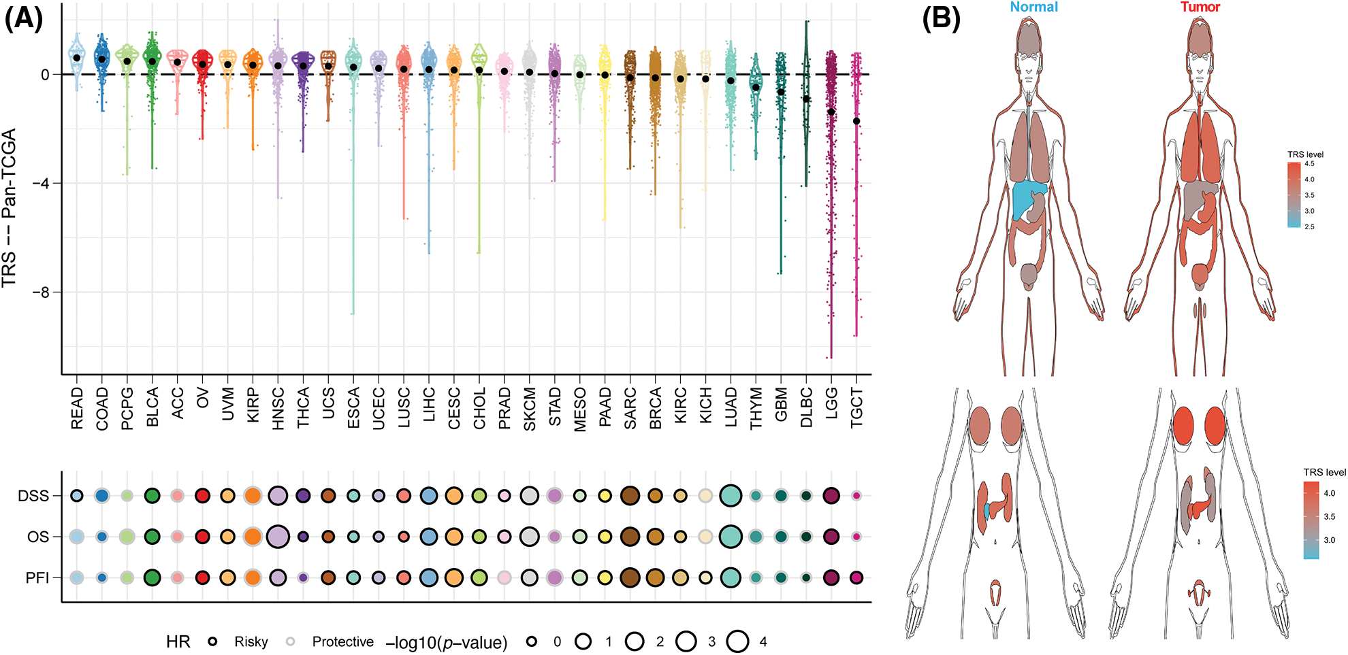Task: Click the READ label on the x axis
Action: pyautogui.click(x=77, y=409)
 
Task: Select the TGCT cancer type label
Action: pyautogui.click(x=856, y=408)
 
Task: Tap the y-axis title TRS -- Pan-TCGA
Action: pyautogui.click(x=10, y=208)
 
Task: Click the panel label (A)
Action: pyautogui.click(x=24, y=19)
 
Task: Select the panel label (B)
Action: pyautogui.click(x=940, y=19)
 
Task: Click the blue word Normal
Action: pyautogui.click(x=1033, y=7)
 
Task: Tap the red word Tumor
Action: pyautogui.click(x=1200, y=7)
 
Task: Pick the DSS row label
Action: pyautogui.click(x=33, y=497)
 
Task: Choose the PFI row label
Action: pyautogui.click(x=37, y=578)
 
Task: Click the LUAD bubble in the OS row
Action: pyautogui.click(x=731, y=537)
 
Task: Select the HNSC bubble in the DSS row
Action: pyautogui.click(x=278, y=496)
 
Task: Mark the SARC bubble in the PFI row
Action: pyautogui.click(x=630, y=577)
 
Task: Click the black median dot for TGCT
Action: pyautogui.click(x=856, y=121)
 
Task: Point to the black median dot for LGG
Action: pyautogui.click(x=831, y=112)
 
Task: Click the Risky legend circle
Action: pyautogui.click(x=213, y=641)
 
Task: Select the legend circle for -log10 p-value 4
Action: pyautogui.click(x=737, y=641)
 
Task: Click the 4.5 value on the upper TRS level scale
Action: pyautogui.click(x=1309, y=164)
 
